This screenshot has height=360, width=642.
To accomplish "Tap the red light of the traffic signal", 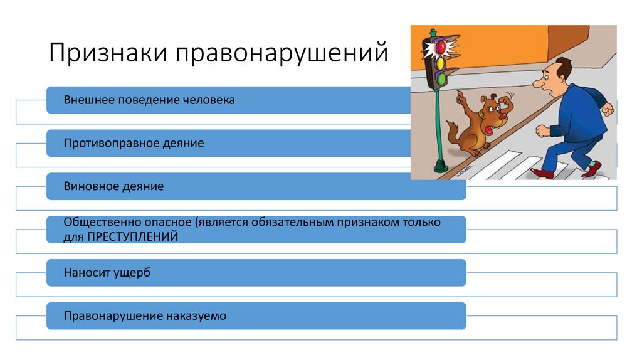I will (x=440, y=48).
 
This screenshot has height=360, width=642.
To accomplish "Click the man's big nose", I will (x=539, y=83).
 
